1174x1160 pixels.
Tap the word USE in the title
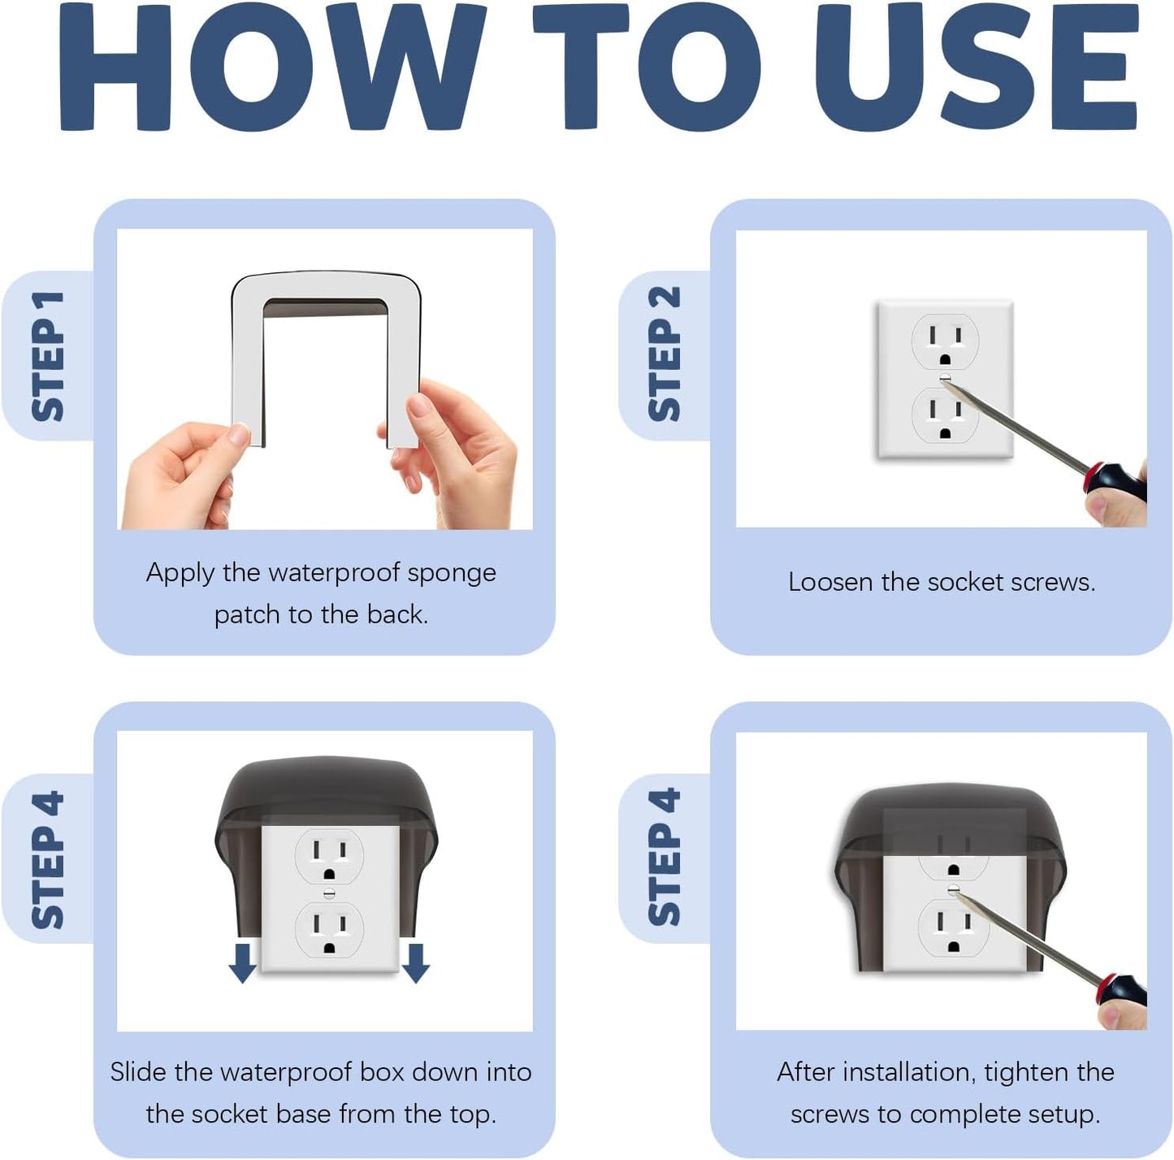977,67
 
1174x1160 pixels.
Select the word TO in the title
647,67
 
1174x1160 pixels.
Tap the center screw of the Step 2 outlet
945,377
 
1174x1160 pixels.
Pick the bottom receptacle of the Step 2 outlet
945,415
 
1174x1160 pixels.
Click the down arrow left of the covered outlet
242,962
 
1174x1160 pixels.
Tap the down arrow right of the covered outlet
416,962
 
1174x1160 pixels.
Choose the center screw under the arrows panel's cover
329,893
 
